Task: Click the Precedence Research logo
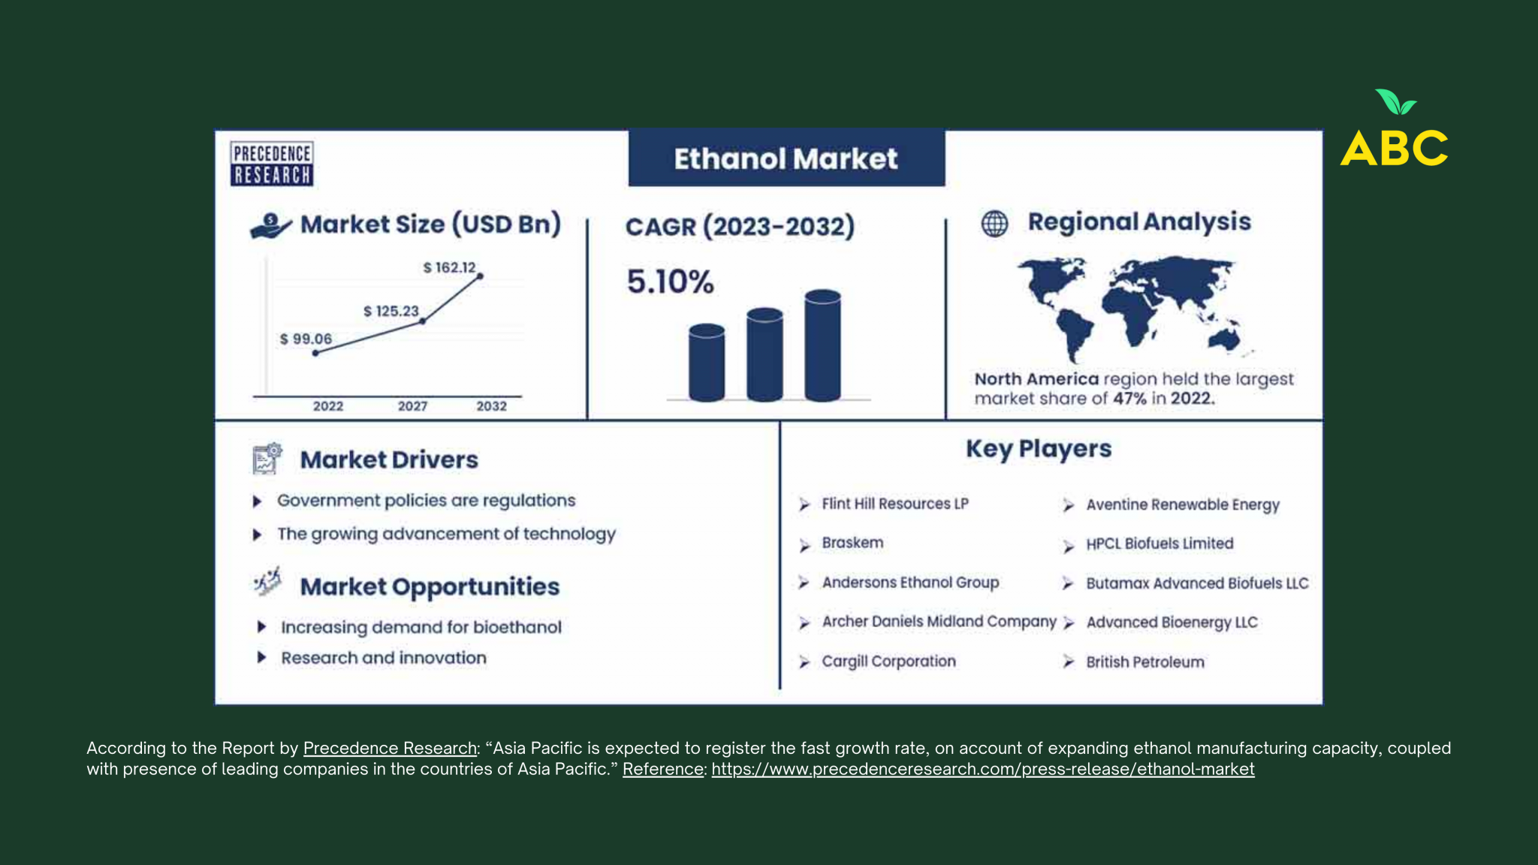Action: point(272,164)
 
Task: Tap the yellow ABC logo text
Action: point(1394,148)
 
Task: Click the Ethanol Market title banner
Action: point(786,158)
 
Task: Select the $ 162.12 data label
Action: point(449,267)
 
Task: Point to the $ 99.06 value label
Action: point(306,339)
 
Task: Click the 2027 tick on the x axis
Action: point(412,406)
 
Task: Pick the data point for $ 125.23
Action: point(423,321)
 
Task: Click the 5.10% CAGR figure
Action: point(670,282)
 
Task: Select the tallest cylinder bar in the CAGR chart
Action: point(822,345)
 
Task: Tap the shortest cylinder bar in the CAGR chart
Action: point(707,363)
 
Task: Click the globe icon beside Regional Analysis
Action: point(995,223)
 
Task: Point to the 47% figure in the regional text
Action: point(1129,399)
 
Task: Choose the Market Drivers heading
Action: point(389,460)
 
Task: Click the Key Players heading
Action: point(1039,449)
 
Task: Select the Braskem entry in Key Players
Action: point(852,542)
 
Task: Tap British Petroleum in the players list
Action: point(1145,662)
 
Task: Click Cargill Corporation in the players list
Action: point(888,661)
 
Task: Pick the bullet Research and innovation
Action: point(384,658)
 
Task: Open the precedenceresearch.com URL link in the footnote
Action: point(983,769)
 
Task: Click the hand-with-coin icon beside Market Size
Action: point(270,226)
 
